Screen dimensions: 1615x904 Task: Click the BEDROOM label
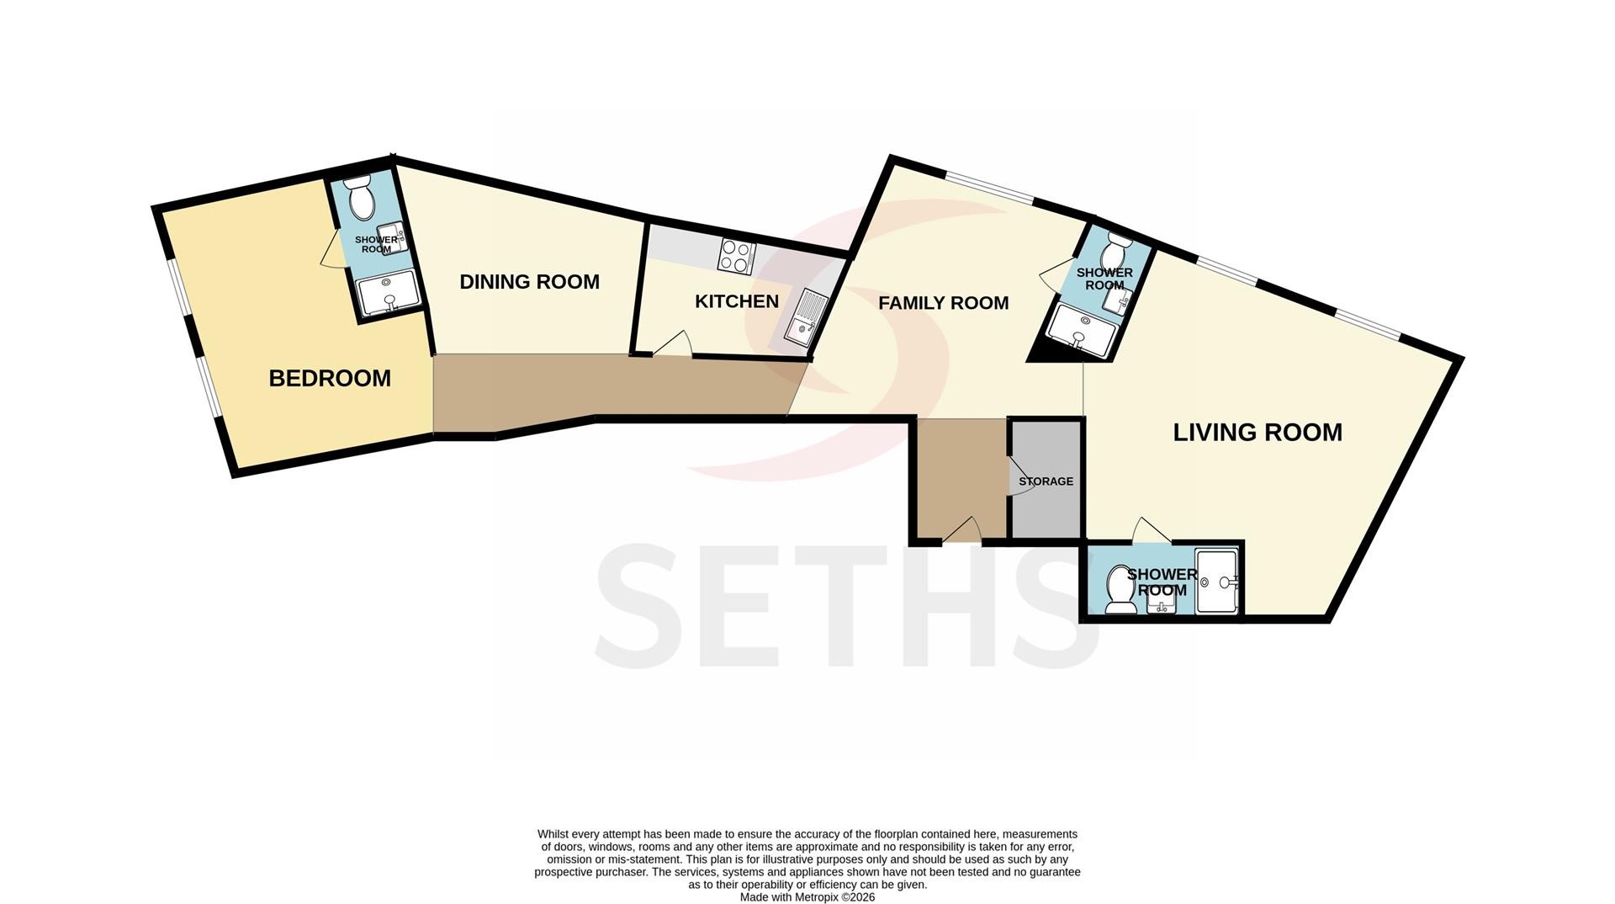point(330,379)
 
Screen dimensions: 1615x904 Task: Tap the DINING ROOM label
point(529,282)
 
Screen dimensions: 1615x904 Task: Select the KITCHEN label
point(737,301)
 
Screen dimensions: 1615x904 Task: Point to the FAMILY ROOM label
point(943,303)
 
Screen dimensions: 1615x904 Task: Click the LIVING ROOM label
point(1258,433)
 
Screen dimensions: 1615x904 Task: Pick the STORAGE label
point(1046,481)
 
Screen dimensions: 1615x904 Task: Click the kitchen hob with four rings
point(736,257)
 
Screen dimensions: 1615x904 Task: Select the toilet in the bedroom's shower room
point(361,197)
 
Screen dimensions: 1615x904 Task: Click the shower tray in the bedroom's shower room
point(388,291)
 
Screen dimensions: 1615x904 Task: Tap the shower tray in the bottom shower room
point(1216,581)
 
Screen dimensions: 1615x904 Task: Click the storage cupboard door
point(1019,479)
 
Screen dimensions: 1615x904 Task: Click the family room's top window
point(988,187)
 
